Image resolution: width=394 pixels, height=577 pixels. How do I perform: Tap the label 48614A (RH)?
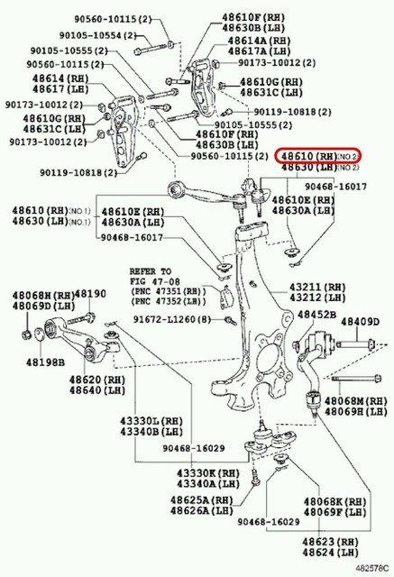pos(258,41)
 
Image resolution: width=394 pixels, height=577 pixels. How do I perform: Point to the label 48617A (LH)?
pos(258,51)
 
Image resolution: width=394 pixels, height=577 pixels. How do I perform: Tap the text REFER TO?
pos(150,270)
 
